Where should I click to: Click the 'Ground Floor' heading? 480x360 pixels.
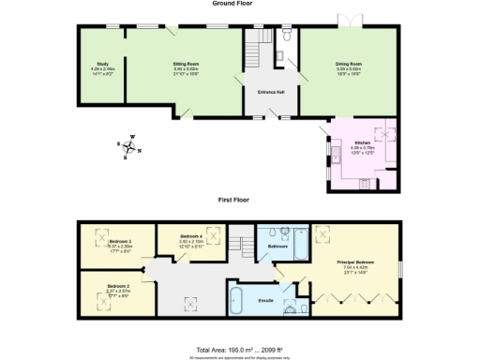click(239, 5)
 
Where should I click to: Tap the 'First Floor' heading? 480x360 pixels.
click(239, 201)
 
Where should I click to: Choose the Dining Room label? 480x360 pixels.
click(349, 65)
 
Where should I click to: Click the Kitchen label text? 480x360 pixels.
click(361, 142)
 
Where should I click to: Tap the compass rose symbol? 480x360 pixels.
click(129, 143)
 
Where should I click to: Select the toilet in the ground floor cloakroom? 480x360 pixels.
click(287, 37)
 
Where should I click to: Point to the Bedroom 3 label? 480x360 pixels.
click(118, 244)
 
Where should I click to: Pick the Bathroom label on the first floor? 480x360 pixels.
click(277, 247)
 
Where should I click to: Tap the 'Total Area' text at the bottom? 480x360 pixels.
click(239, 349)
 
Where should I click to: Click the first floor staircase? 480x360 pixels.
click(246, 246)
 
